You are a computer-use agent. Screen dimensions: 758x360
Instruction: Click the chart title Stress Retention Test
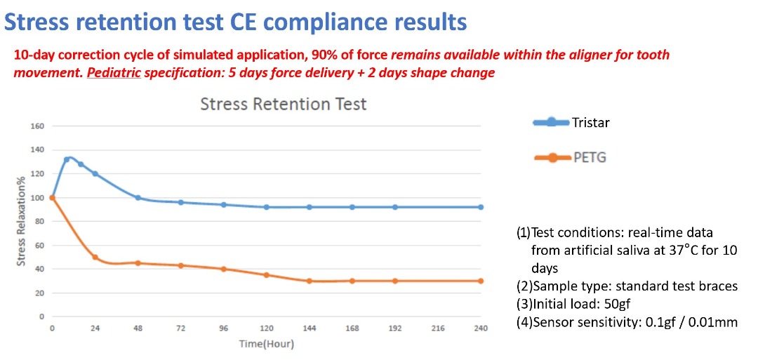coord(284,104)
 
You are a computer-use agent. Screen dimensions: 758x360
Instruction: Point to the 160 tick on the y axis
coord(38,126)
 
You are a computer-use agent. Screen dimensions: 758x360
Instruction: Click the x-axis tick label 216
coord(438,328)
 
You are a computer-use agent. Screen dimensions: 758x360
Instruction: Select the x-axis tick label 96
coord(224,328)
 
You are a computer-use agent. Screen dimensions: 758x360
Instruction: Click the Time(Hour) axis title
coord(267,345)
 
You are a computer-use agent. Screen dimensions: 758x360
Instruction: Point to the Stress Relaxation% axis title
coord(21,221)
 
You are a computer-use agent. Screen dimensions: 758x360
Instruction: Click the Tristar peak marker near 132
coord(67,159)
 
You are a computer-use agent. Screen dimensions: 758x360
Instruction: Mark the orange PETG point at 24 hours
coord(95,257)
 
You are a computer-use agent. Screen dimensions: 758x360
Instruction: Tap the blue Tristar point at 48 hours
coord(138,198)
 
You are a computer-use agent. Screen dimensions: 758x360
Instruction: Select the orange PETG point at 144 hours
coord(310,281)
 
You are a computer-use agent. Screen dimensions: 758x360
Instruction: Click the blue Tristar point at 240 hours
coord(481,207)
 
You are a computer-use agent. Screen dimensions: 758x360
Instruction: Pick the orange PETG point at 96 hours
coord(224,269)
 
